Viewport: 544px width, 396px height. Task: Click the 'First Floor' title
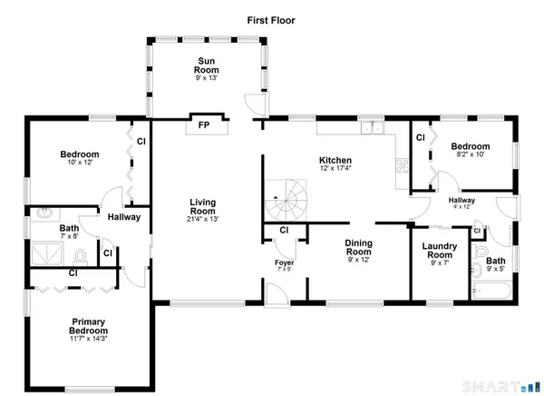(x=271, y=19)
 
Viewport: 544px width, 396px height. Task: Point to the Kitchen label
(x=334, y=158)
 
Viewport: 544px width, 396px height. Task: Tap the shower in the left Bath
(x=47, y=252)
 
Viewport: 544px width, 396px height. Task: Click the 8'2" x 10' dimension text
(x=471, y=155)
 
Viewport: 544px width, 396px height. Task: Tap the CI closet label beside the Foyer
(x=284, y=230)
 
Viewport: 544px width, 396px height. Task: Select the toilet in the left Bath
(x=80, y=254)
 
